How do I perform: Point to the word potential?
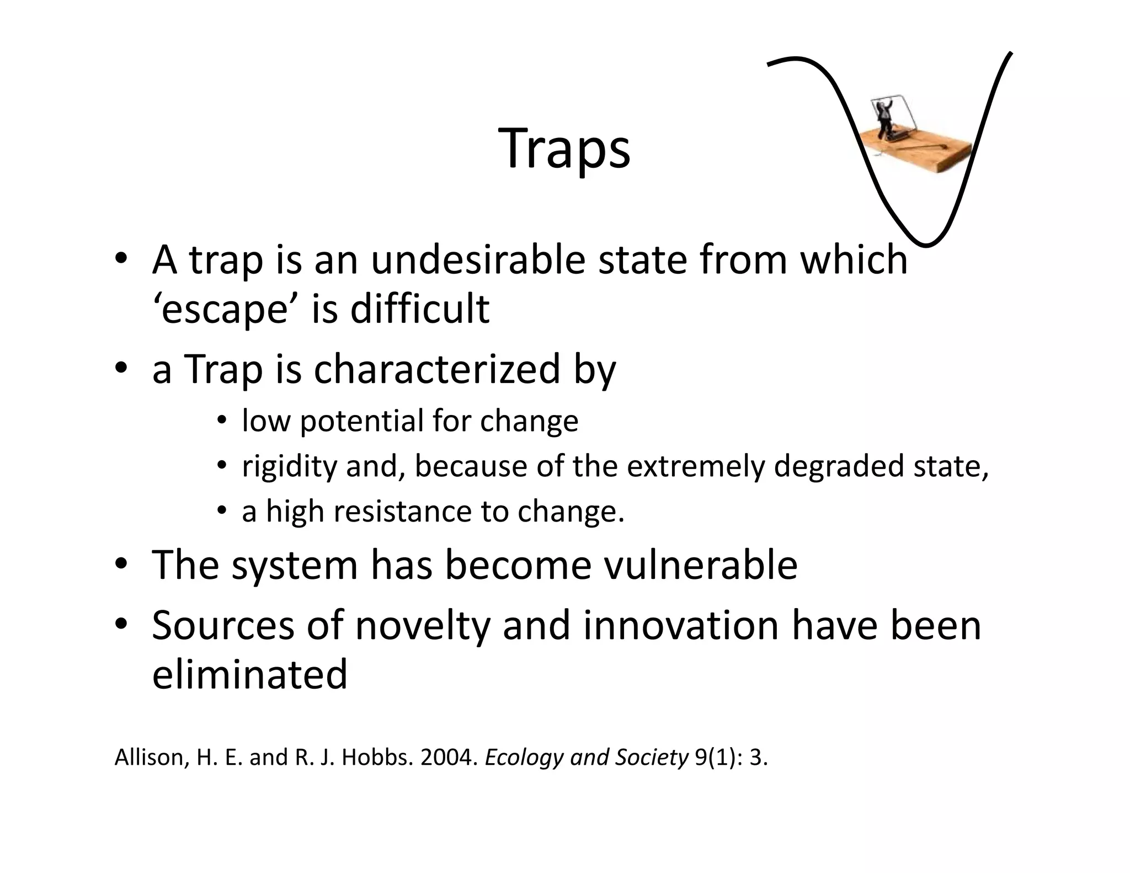click(x=361, y=421)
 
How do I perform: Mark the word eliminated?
click(x=249, y=674)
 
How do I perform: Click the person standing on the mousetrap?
click(x=885, y=119)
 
